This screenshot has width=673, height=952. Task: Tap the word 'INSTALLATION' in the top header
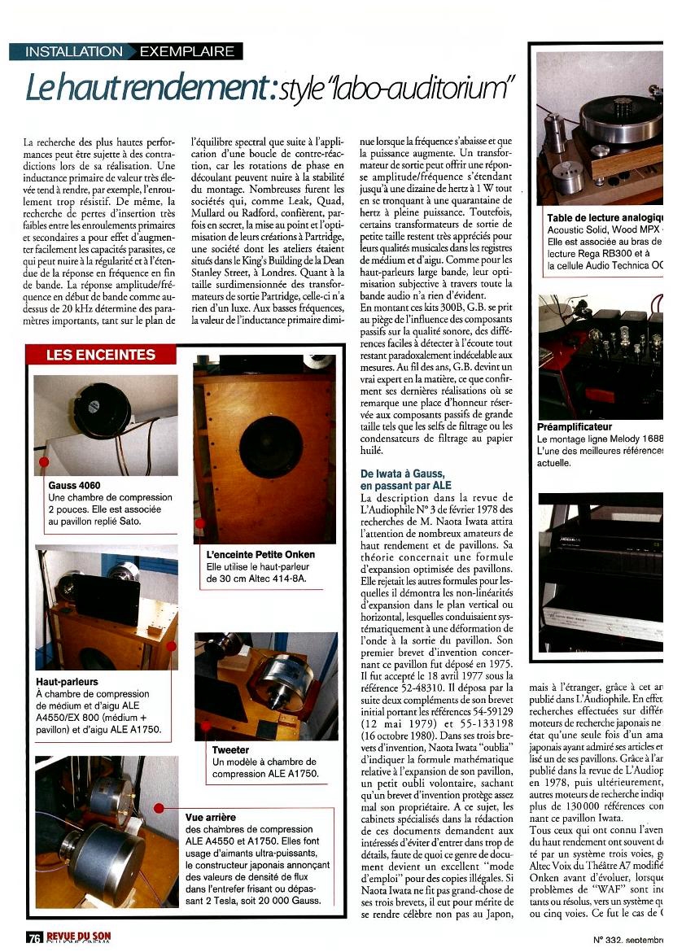(x=73, y=51)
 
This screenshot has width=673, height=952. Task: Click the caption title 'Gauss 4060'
(x=74, y=486)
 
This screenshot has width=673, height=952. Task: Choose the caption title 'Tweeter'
(x=230, y=749)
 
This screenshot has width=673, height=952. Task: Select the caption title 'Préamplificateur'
(x=575, y=426)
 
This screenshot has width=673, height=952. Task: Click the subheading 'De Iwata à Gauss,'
(x=402, y=474)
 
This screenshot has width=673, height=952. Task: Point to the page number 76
(x=33, y=938)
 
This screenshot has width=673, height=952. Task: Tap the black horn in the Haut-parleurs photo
(x=107, y=598)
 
